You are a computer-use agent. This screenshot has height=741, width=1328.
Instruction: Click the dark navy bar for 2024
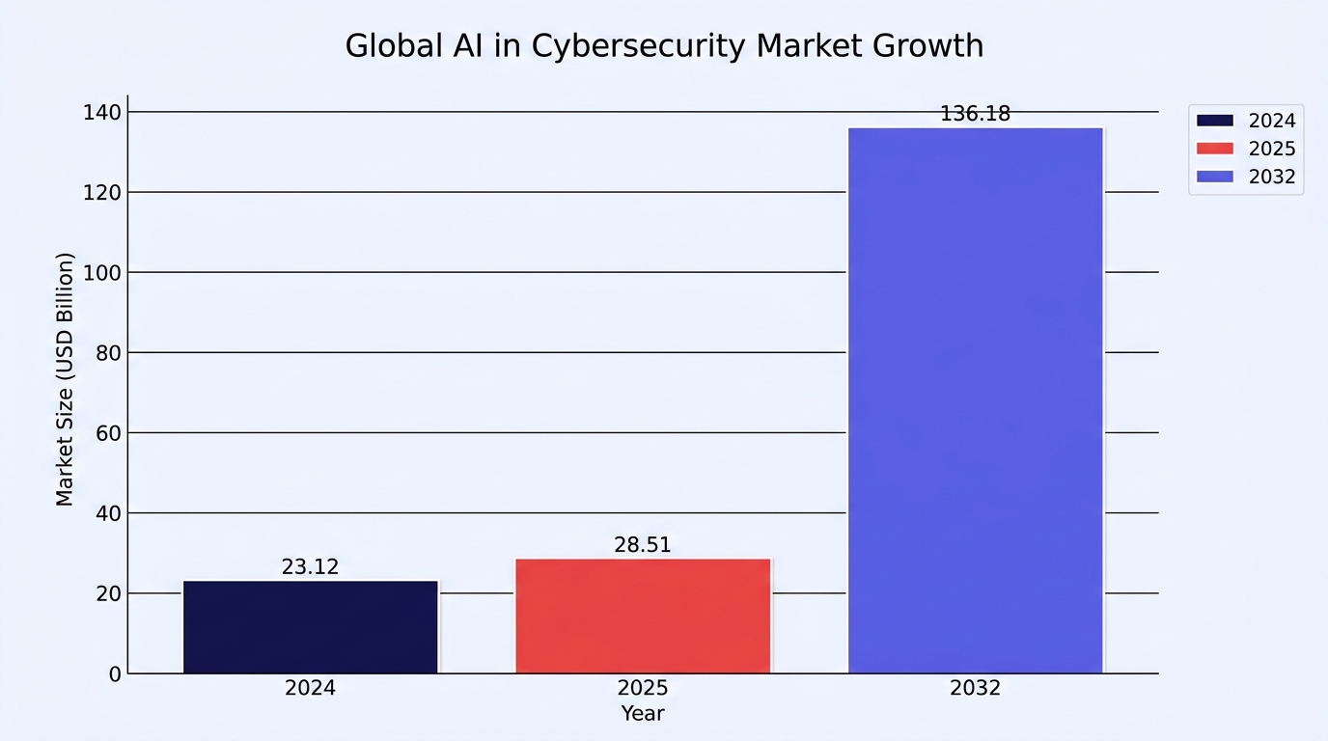311,626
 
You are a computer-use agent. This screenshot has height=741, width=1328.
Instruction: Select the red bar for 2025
643,616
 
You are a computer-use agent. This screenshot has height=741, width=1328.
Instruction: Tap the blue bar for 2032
976,400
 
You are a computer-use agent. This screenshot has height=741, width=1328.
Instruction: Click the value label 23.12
310,566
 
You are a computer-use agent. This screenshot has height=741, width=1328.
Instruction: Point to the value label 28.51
643,545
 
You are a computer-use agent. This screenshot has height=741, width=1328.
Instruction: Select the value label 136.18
975,113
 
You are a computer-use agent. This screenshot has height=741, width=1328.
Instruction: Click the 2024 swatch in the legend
1215,121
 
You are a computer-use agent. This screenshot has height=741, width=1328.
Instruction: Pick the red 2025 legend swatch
1215,149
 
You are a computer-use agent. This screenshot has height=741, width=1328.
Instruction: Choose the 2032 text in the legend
1272,177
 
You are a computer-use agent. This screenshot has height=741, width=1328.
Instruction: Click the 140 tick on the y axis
101,112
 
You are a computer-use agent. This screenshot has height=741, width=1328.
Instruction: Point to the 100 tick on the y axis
101,273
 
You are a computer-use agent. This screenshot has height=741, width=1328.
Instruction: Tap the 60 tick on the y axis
108,433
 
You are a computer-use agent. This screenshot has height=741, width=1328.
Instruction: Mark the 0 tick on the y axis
115,674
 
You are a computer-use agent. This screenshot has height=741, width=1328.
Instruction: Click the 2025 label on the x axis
643,688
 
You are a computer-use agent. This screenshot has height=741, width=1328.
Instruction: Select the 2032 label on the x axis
975,688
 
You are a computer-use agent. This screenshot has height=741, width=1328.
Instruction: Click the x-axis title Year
643,714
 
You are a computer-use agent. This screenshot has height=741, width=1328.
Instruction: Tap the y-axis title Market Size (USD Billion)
64,379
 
